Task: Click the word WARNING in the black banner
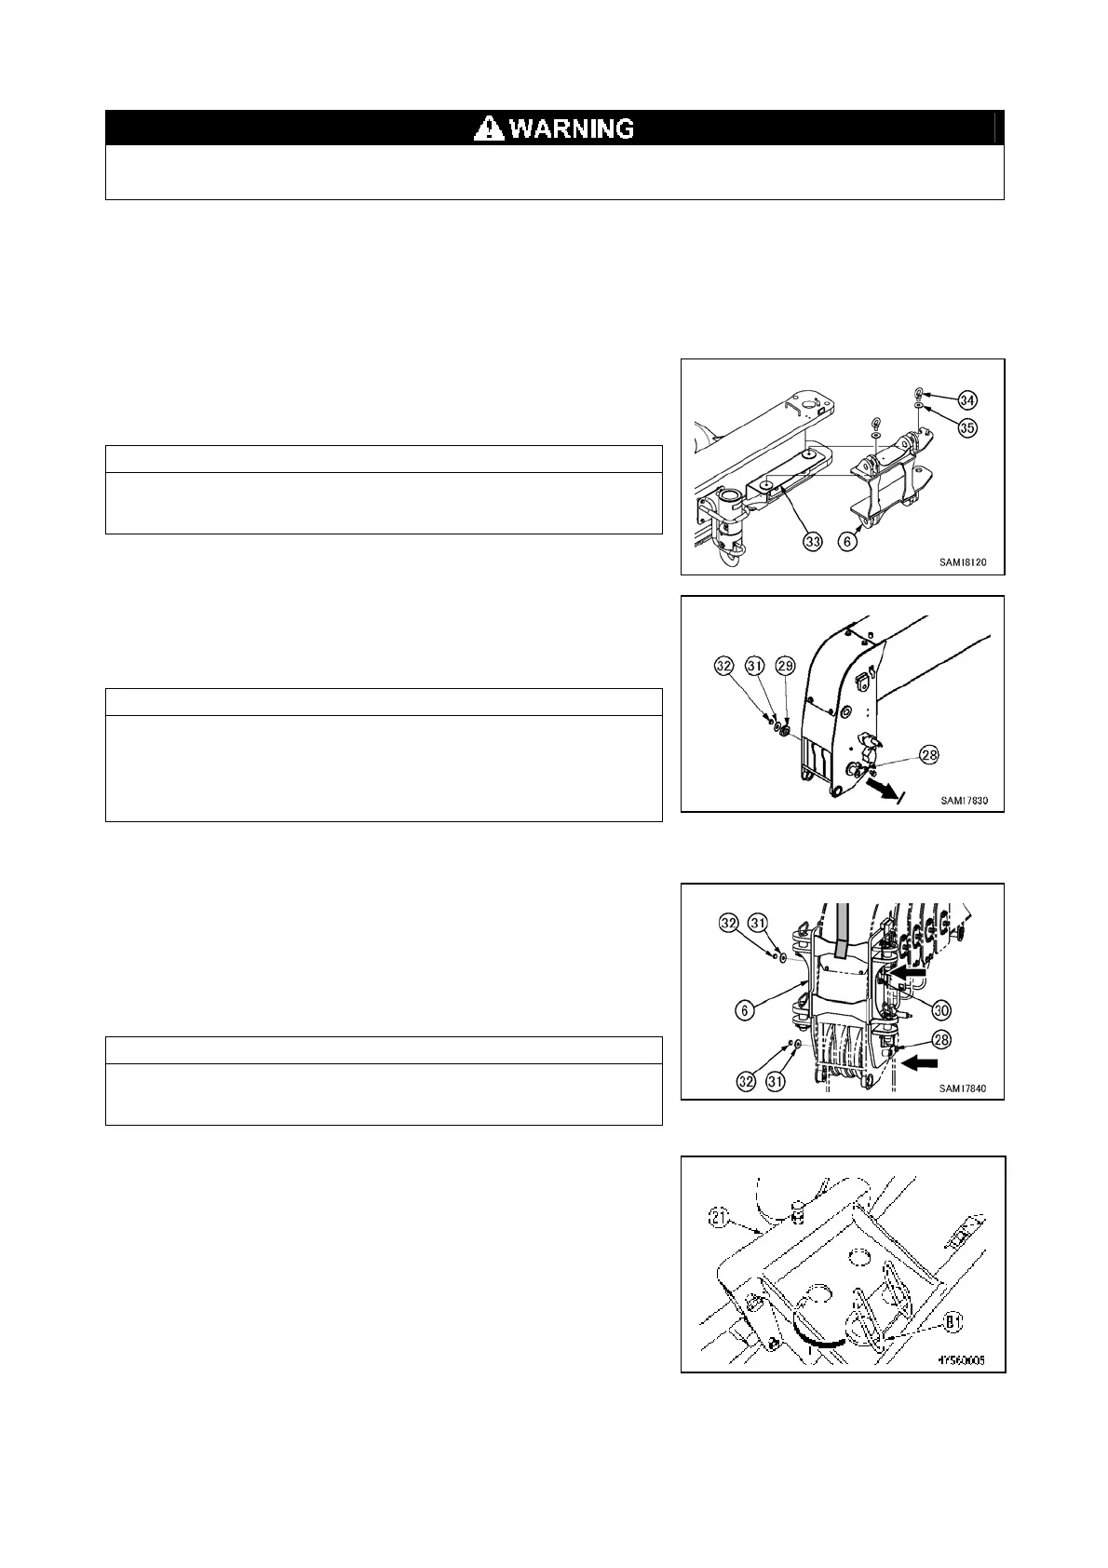pos(572,128)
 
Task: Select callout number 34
pos(968,400)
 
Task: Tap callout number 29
pos(787,666)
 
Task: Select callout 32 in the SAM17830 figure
pos(725,666)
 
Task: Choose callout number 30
pos(942,1009)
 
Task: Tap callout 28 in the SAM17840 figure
pos(942,1039)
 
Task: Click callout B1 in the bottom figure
pos(952,1319)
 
